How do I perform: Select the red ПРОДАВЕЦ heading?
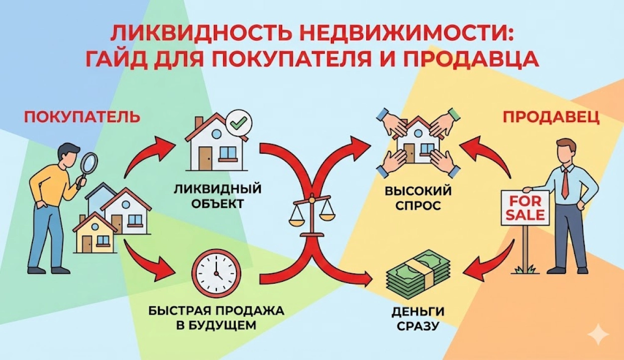pos(551,118)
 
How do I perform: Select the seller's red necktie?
pos(566,182)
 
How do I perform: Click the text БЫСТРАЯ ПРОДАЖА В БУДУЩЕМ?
pos(216,318)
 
